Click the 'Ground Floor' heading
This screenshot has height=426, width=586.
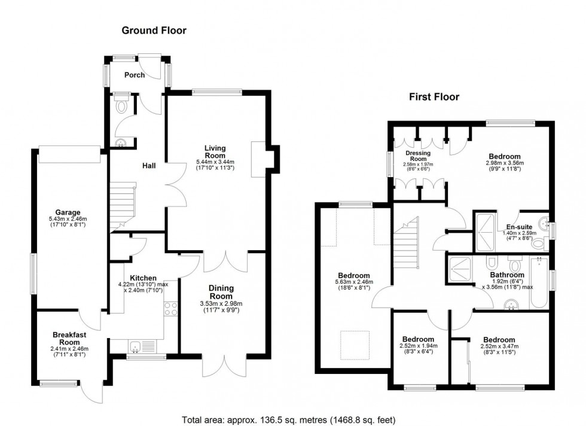(x=154, y=30)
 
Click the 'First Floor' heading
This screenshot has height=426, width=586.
(x=434, y=96)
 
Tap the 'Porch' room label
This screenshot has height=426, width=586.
(x=134, y=75)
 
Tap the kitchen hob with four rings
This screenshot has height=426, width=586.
(x=170, y=308)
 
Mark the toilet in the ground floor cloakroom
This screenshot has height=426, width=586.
(x=122, y=106)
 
